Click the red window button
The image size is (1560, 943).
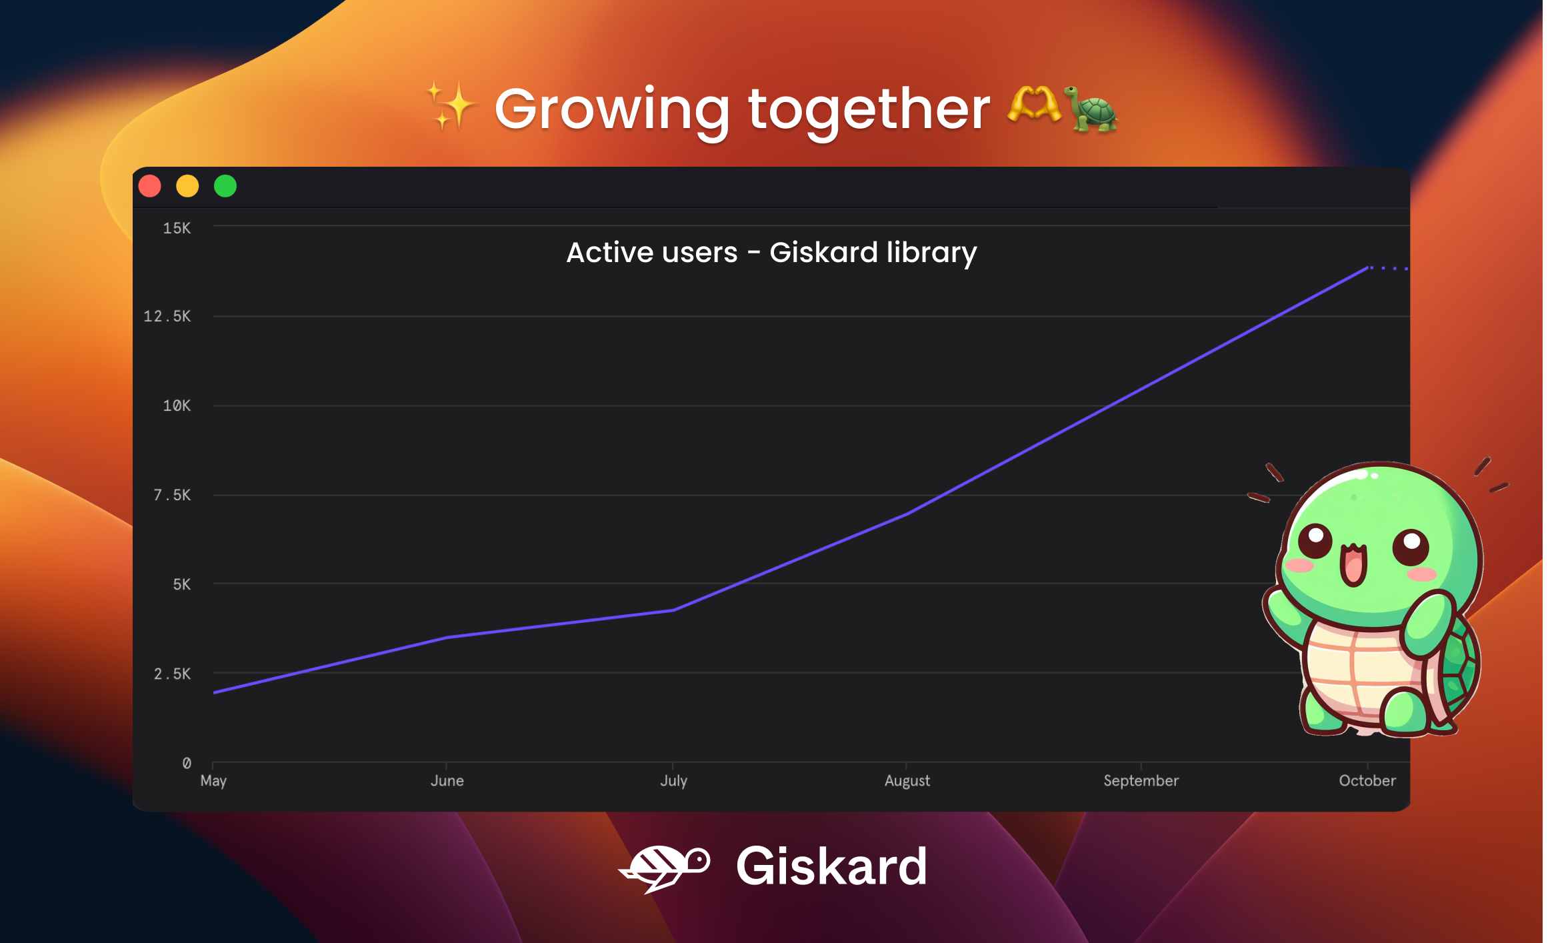150,186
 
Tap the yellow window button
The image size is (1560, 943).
187,186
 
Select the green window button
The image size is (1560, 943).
225,186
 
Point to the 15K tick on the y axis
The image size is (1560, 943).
177,228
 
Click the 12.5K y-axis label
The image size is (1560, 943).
167,316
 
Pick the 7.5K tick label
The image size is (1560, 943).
172,495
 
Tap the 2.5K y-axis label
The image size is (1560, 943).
172,674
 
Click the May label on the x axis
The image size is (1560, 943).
213,781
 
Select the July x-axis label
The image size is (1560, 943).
673,781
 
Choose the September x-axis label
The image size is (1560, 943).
1141,780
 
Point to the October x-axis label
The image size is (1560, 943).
1367,780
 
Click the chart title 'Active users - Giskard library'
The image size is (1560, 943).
771,253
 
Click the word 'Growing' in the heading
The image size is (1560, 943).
612,110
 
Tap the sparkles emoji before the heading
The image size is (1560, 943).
451,105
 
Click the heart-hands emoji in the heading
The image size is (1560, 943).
1034,105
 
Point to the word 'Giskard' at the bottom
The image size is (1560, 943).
831,866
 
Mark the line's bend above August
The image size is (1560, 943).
907,514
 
